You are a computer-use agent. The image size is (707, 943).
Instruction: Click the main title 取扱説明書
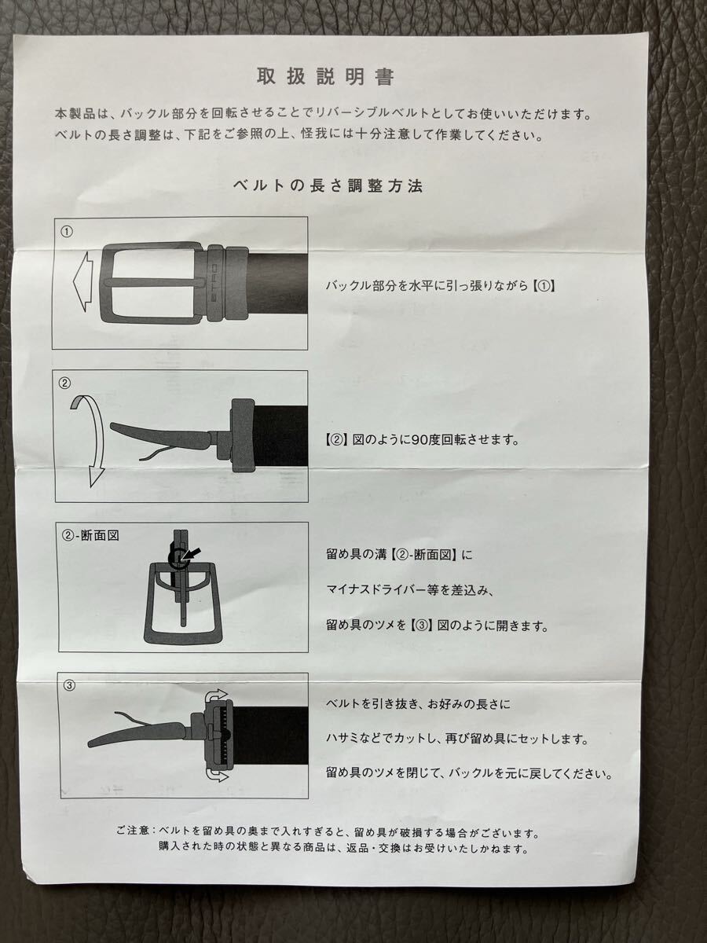(x=325, y=77)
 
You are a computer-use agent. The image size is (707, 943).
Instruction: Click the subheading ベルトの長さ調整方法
(x=328, y=185)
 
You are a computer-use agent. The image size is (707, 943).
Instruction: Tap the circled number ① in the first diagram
(x=67, y=232)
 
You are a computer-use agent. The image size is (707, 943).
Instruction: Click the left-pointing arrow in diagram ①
(x=82, y=282)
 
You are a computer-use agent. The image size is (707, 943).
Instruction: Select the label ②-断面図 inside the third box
(x=90, y=535)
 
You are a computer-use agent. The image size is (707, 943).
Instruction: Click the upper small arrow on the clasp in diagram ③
(x=218, y=694)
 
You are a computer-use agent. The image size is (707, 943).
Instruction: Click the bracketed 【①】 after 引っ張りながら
(x=544, y=286)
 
